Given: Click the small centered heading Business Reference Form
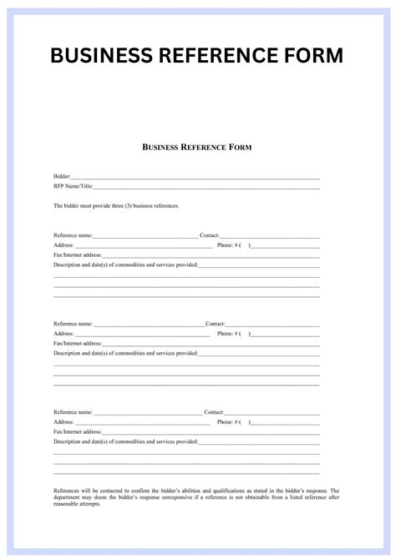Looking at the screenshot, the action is click(198, 147).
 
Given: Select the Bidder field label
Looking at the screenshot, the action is click(62, 178).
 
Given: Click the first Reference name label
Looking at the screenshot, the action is click(74, 236).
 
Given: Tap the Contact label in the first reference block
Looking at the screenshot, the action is click(210, 236).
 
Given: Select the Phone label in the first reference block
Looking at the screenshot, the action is click(225, 245).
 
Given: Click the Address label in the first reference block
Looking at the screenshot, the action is click(64, 245).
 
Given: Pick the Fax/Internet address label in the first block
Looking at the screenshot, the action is click(78, 254).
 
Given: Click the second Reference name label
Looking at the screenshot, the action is click(74, 324).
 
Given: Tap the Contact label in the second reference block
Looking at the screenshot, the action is click(215, 324).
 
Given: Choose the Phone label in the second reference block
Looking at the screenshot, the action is click(225, 333).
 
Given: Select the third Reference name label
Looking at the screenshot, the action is click(74, 412).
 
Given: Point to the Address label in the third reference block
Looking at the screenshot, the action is click(64, 421).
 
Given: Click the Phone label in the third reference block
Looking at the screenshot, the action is click(225, 421).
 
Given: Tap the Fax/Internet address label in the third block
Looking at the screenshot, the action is click(78, 431).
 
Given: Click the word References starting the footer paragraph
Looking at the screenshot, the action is click(69, 491).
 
